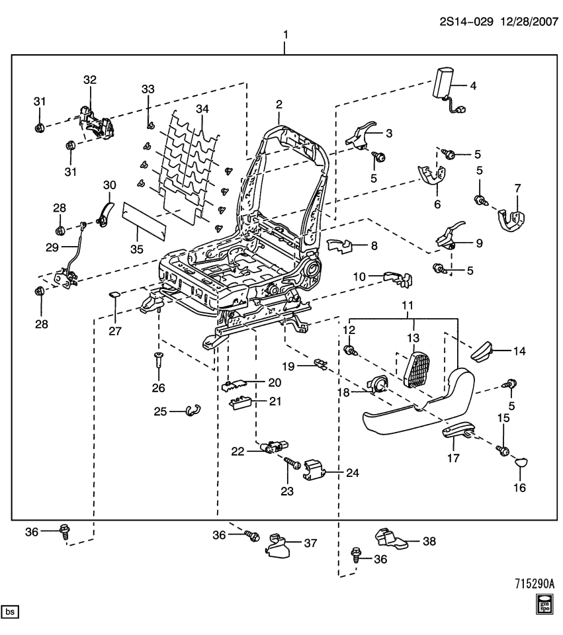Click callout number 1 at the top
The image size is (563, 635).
[x=285, y=34]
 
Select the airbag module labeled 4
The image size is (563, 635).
[x=443, y=85]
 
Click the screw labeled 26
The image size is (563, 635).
[x=159, y=360]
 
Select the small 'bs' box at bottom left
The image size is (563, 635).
[x=11, y=612]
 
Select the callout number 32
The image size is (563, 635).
[x=89, y=79]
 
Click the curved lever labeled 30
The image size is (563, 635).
[x=105, y=213]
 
